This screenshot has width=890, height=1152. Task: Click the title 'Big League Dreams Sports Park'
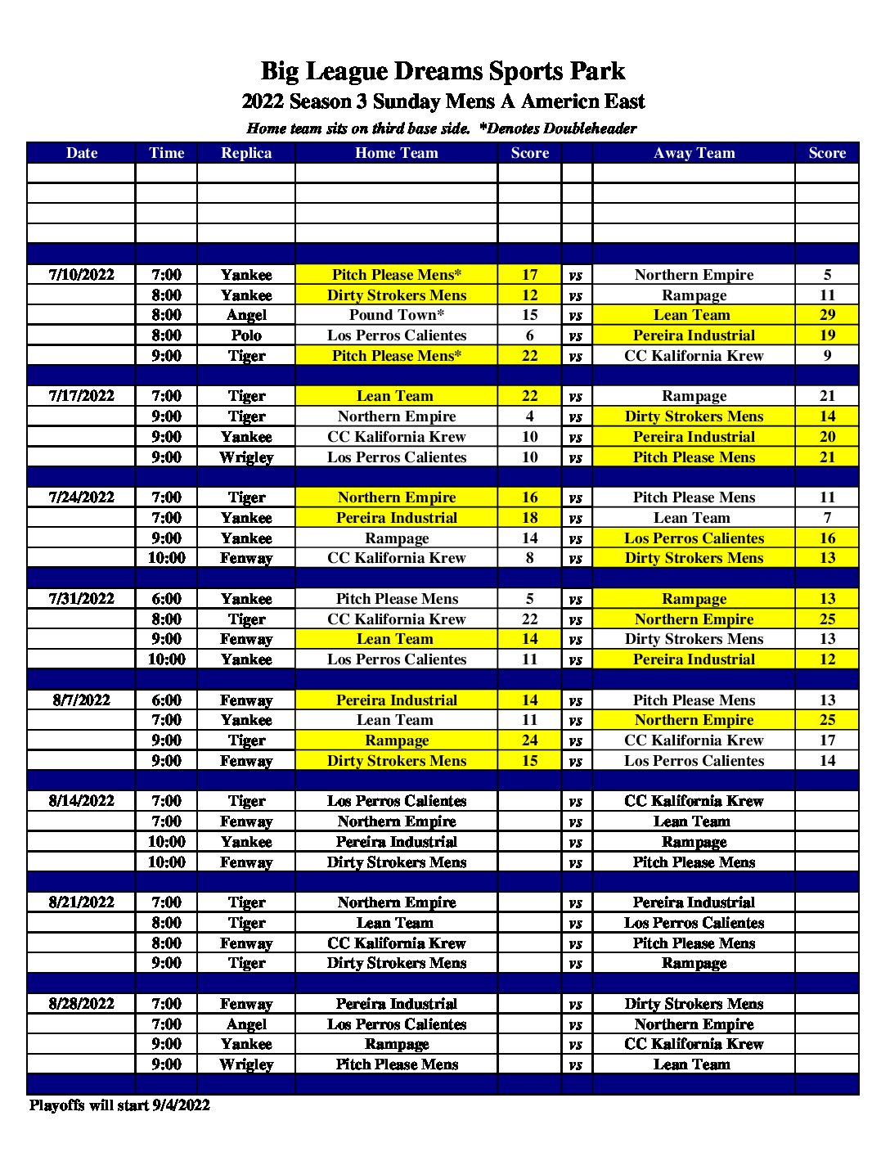pyautogui.click(x=443, y=71)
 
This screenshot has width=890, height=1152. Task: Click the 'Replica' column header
pyautogui.click(x=246, y=153)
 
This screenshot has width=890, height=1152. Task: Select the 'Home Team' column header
pyautogui.click(x=396, y=153)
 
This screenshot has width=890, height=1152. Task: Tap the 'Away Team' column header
pyautogui.click(x=694, y=153)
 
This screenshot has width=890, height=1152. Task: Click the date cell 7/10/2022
pyautogui.click(x=82, y=275)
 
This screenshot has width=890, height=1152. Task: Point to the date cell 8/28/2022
pyautogui.click(x=82, y=1004)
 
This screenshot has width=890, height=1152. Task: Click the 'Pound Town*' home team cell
pyautogui.click(x=396, y=315)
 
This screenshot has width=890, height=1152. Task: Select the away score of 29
pyautogui.click(x=827, y=315)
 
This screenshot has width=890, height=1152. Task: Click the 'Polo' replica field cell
pyautogui.click(x=246, y=335)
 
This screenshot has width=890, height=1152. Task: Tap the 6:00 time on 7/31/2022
pyautogui.click(x=166, y=599)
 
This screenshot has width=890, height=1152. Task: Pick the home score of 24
pyautogui.click(x=530, y=740)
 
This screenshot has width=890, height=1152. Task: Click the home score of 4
pyautogui.click(x=530, y=416)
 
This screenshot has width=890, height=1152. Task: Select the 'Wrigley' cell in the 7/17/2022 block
pyautogui.click(x=246, y=457)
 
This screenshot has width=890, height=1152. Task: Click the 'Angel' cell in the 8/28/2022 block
pyautogui.click(x=246, y=1024)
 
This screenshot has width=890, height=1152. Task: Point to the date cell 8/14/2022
pyautogui.click(x=82, y=801)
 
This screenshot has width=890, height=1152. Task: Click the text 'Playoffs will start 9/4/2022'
pyautogui.click(x=119, y=1105)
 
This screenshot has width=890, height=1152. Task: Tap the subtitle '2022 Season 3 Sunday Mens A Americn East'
pyautogui.click(x=443, y=101)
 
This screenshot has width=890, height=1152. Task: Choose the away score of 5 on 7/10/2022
pyautogui.click(x=827, y=275)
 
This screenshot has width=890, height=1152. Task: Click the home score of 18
pyautogui.click(x=530, y=518)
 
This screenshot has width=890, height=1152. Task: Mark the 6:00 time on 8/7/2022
pyautogui.click(x=166, y=700)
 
